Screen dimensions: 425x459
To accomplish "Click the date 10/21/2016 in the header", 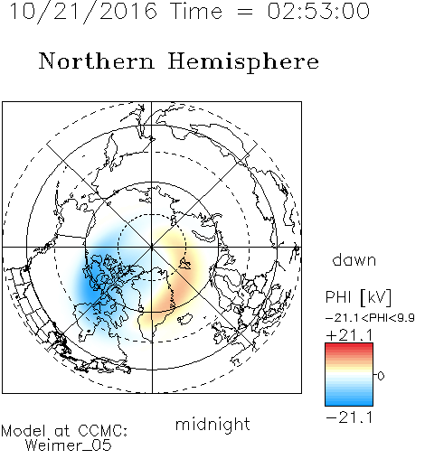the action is coord(83,12).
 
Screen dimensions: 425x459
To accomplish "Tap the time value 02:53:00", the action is coord(318,11).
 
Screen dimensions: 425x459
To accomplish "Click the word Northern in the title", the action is coord(97,61).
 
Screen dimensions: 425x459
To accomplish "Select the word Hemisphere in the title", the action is coord(243,62).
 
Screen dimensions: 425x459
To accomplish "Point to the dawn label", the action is coord(354,259).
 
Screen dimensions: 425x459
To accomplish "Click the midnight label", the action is coord(212,425).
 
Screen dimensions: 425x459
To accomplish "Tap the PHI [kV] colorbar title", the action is coord(358,297).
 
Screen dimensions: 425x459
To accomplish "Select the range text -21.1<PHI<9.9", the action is coord(371,317).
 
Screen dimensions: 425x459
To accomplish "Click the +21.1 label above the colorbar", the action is coord(349,335).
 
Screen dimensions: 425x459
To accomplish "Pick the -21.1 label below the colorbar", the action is coord(349,417).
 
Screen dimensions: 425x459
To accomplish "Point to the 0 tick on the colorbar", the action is coord(381,376).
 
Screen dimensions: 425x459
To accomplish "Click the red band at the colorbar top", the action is coord(349,347).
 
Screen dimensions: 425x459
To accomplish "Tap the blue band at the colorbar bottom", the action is coord(349,401).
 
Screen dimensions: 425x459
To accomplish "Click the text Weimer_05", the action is coord(69,445).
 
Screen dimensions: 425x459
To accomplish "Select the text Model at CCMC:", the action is coord(64,431).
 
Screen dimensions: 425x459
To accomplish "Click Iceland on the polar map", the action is coord(184,318).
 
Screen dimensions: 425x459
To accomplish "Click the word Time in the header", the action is coord(196,11).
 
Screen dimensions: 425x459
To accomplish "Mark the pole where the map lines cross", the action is coord(152,248).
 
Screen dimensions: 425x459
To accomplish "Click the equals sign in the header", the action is coord(245,12).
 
